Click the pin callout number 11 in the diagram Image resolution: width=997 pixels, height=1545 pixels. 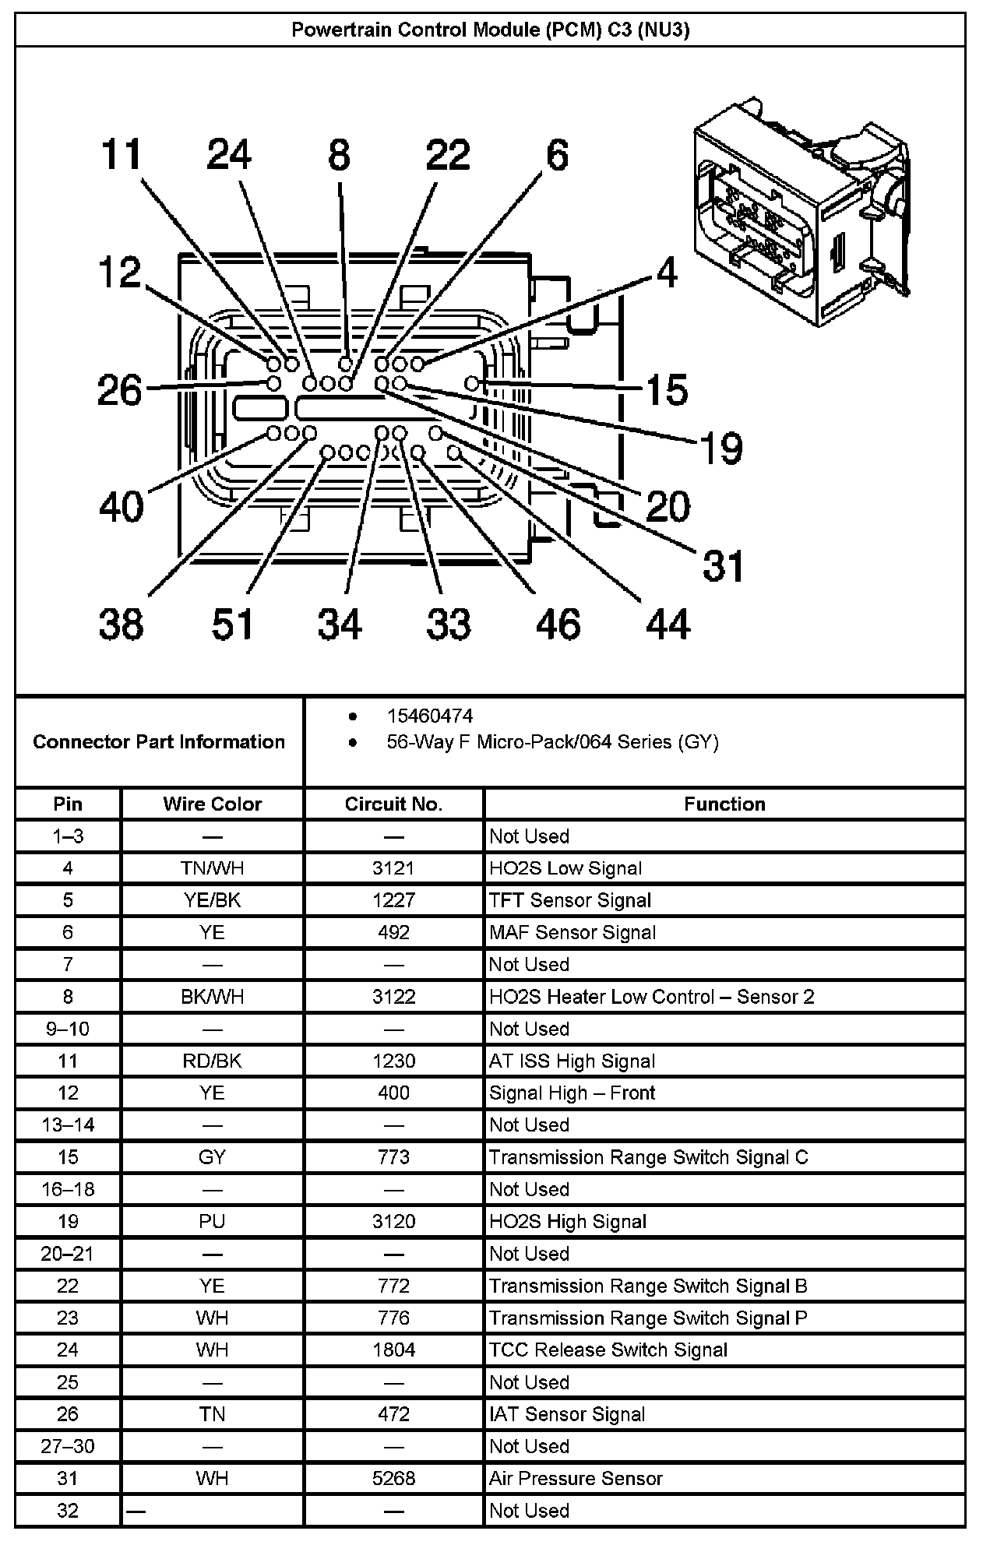tap(122, 154)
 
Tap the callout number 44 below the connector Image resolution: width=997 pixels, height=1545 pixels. tap(668, 624)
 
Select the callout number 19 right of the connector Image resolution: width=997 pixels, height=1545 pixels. tap(721, 449)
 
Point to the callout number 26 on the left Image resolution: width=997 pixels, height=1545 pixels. tap(120, 390)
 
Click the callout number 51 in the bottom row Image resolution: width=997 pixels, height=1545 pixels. tap(233, 624)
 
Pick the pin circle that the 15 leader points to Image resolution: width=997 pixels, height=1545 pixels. tap(471, 383)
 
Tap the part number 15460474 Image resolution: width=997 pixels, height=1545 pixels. tap(429, 716)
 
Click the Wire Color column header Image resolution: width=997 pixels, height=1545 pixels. tap(212, 804)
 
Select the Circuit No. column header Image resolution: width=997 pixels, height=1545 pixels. tap(393, 804)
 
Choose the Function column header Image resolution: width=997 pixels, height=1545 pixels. tap(724, 804)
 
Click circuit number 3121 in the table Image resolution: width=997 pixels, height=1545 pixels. tap(393, 868)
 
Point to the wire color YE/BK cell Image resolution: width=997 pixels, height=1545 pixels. tap(212, 900)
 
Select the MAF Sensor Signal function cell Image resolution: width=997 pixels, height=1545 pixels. tap(572, 932)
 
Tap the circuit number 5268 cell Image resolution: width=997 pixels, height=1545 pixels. tap(393, 1478)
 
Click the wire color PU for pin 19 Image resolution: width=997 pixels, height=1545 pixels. tap(212, 1221)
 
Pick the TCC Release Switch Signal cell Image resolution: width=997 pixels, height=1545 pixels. tap(608, 1350)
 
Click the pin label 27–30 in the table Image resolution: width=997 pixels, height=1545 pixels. tap(68, 1446)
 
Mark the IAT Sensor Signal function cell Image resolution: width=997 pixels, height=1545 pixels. tap(567, 1414)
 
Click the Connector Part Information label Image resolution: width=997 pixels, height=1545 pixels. tap(159, 741)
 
